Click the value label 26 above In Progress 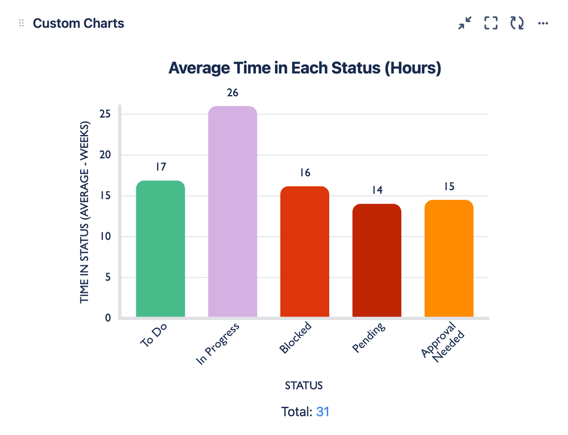click(x=232, y=92)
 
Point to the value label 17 click(x=160, y=167)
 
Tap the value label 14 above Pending click(x=376, y=190)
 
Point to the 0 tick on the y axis click(x=107, y=318)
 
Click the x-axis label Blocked click(x=296, y=338)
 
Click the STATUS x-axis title click(x=304, y=385)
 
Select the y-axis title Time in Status click(x=85, y=212)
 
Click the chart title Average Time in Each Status click(x=305, y=68)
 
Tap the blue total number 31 click(x=322, y=412)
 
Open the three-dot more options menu click(x=543, y=23)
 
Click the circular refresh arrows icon click(x=517, y=23)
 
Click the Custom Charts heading click(x=78, y=23)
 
